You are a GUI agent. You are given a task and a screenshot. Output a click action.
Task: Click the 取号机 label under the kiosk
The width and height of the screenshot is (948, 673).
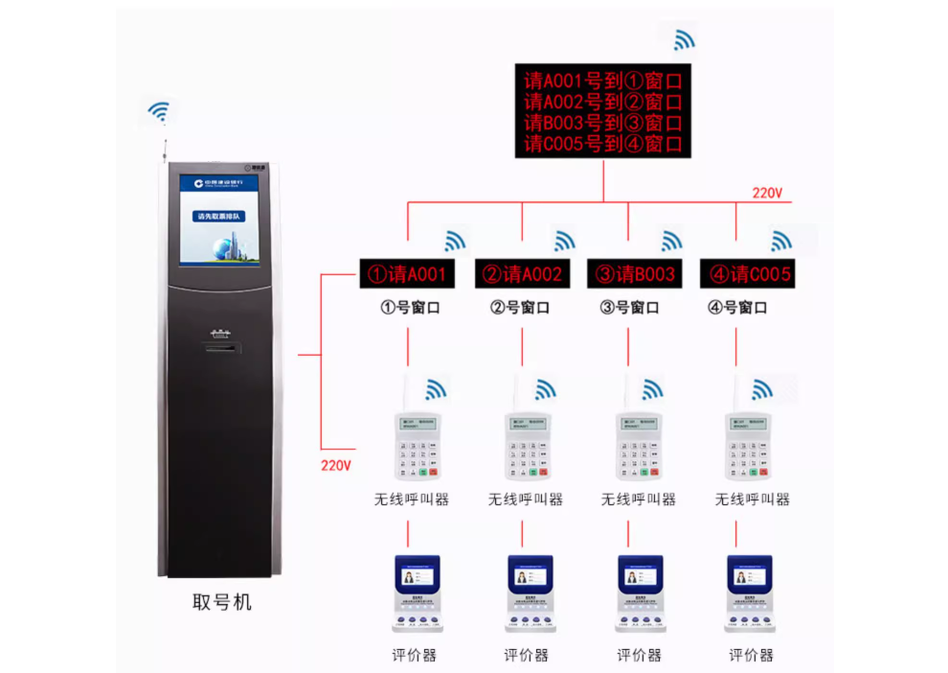222,601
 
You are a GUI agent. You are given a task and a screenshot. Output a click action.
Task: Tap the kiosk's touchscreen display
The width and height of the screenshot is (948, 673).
219,220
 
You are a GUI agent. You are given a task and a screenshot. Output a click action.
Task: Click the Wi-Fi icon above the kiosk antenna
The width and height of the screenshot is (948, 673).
159,113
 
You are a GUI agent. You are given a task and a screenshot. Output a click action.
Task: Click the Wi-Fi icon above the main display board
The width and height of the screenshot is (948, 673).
684,39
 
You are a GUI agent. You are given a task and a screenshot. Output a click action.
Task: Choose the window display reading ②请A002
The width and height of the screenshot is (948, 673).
522,275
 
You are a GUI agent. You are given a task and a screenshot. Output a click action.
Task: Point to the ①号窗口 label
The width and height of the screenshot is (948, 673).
411,308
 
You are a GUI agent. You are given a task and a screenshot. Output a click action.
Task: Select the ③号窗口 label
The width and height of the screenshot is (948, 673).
629,308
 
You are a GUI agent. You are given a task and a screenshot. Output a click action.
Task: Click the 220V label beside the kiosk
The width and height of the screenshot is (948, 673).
336,466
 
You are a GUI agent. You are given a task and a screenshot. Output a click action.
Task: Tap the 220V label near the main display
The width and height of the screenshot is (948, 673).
767,193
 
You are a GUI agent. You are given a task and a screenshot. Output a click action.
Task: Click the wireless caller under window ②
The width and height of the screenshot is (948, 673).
526,445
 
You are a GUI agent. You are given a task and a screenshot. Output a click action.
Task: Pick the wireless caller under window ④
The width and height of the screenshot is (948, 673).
748,445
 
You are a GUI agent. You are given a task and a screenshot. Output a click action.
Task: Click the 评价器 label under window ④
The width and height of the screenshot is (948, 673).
751,655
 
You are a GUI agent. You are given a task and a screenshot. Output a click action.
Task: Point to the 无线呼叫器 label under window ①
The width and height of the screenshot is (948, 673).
411,499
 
